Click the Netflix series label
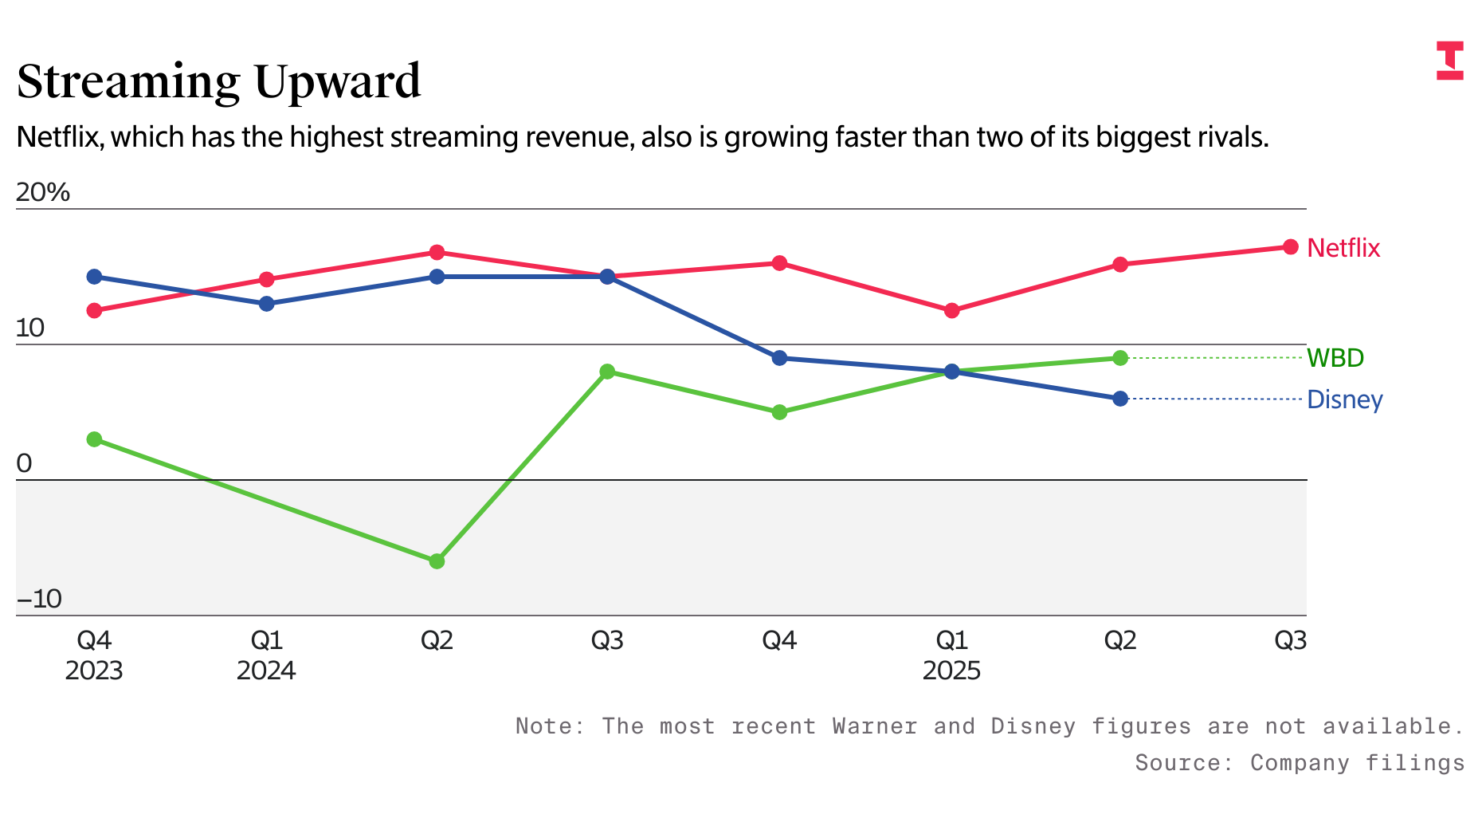click(1343, 248)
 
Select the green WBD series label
click(1335, 358)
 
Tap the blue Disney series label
click(1345, 399)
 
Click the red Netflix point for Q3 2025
click(1291, 247)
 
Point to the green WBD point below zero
click(437, 561)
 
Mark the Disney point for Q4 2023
click(94, 277)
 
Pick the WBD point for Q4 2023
click(94, 439)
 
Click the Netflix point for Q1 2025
click(951, 310)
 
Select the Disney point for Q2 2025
click(1120, 399)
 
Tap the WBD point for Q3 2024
click(607, 372)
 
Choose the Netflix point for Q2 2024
click(437, 253)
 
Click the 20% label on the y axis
click(43, 192)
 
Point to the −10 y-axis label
click(39, 599)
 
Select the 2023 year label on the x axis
click(94, 671)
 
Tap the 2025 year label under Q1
click(951, 671)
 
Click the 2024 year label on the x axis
click(266, 671)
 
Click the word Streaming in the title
click(128, 81)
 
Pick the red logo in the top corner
click(1450, 61)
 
